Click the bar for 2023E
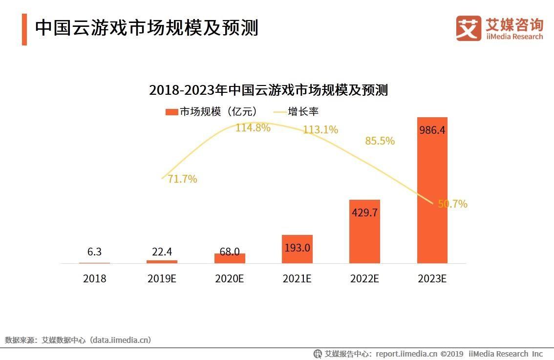(x=432, y=191)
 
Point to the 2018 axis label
(x=94, y=279)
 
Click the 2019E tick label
(x=162, y=279)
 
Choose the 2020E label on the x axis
(x=229, y=279)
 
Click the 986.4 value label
(x=432, y=130)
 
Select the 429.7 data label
(x=364, y=212)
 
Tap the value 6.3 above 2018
(x=94, y=252)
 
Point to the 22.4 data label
(x=162, y=252)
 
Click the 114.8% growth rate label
(x=253, y=128)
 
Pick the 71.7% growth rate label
(x=182, y=179)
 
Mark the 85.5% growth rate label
(x=380, y=141)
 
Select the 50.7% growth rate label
(x=452, y=204)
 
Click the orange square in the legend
(x=171, y=112)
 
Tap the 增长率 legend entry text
(x=303, y=112)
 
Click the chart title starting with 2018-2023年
(x=268, y=90)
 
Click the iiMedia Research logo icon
(x=469, y=28)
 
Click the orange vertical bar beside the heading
(x=24, y=29)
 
